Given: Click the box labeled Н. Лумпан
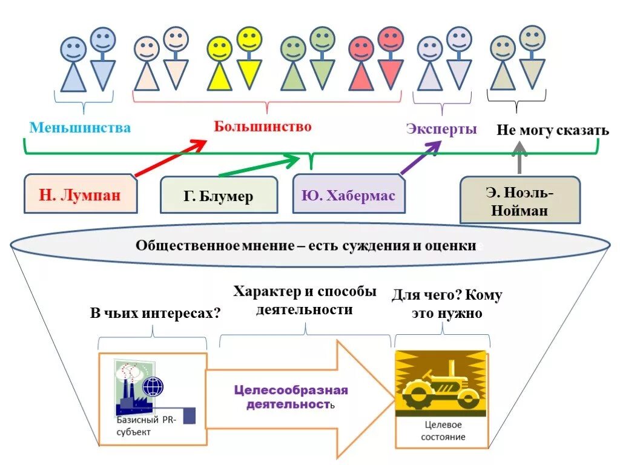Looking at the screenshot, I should coord(80,195).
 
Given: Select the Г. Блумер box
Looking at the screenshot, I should coord(219,196).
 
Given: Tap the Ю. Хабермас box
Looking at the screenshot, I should coord(348,196).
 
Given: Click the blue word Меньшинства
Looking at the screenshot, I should coord(80,128).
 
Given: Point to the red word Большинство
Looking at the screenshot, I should coord(262,127).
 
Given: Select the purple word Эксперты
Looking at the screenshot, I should coord(441,129).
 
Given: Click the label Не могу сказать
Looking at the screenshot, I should coord(552,131).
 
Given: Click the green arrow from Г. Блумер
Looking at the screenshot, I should coord(259,167).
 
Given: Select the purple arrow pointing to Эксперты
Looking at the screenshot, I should coord(421,159).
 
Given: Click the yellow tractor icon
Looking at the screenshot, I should coord(441,384).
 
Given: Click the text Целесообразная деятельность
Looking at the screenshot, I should coord(291,397).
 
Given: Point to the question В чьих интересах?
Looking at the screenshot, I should coord(155,313).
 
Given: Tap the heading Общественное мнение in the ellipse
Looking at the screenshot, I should coord(306,246).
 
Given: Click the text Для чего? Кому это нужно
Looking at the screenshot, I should coord(446,304).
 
